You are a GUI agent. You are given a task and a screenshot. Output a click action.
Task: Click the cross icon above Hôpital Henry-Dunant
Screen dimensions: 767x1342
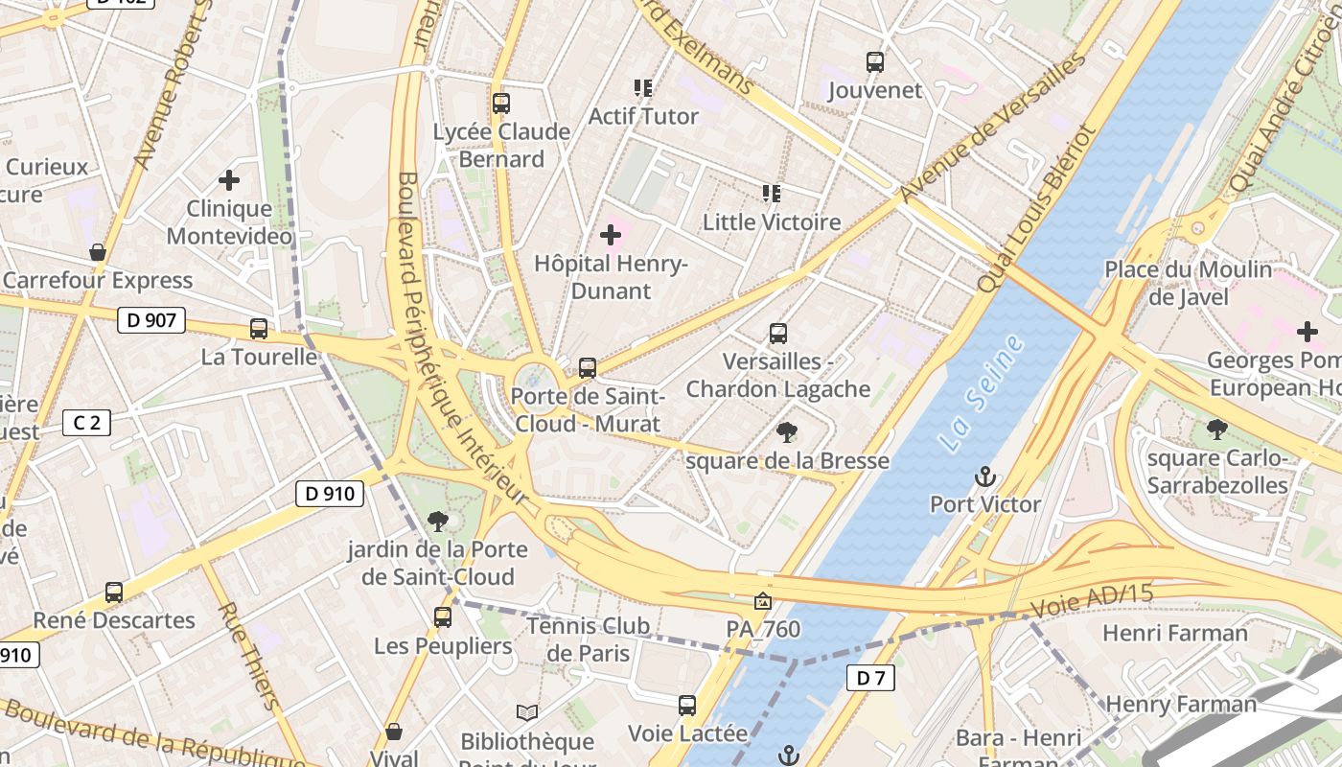point(611,234)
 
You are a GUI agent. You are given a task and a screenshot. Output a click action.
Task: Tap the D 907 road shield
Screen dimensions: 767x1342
point(151,320)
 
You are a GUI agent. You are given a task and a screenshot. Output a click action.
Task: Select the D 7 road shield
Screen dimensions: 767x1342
point(870,679)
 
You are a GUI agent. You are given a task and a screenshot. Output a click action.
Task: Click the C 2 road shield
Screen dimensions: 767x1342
point(86,423)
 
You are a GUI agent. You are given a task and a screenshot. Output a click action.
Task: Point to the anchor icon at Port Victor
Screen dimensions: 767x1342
point(984,476)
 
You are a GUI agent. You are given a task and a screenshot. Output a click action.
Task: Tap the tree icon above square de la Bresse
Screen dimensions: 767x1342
point(787,432)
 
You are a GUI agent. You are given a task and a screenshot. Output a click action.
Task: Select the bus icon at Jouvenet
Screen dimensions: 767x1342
point(874,62)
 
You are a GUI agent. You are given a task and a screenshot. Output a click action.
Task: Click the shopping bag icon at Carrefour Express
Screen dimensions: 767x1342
point(97,253)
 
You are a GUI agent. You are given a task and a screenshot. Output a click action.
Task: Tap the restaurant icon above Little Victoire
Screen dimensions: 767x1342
point(772,194)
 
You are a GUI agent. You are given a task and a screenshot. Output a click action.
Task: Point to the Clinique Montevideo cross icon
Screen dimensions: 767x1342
point(229,179)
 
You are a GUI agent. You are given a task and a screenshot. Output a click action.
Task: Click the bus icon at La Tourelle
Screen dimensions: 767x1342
point(259,329)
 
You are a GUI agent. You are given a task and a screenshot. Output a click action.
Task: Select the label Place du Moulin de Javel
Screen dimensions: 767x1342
point(1188,283)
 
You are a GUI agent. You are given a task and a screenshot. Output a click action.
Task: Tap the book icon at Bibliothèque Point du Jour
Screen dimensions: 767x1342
point(526,712)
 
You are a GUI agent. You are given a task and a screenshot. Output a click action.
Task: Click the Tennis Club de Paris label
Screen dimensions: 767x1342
point(588,639)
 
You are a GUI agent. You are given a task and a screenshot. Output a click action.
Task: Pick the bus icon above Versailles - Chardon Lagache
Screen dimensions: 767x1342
point(778,334)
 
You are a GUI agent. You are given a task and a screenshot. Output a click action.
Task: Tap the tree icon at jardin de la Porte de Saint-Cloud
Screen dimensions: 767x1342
point(438,522)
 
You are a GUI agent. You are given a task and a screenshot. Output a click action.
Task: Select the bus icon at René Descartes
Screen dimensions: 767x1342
point(114,593)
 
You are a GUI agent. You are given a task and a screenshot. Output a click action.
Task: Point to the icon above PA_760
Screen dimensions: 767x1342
point(763,602)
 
